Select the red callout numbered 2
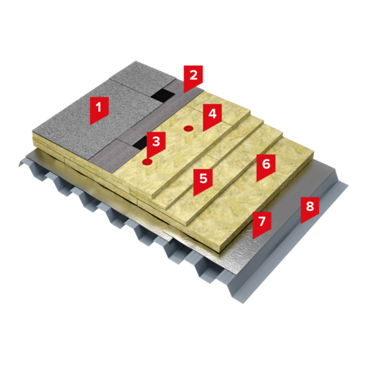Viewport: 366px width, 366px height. (x=193, y=77)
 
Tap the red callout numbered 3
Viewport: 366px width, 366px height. (x=156, y=143)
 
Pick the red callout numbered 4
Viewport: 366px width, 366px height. (x=212, y=115)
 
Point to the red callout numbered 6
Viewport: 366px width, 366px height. (x=266, y=165)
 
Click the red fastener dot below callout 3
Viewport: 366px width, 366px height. (x=147, y=161)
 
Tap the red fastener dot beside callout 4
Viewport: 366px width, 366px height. (x=188, y=128)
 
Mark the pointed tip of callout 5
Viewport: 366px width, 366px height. (x=194, y=196)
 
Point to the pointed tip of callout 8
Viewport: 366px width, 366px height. (x=301, y=224)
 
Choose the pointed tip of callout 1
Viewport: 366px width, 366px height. (x=90, y=125)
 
